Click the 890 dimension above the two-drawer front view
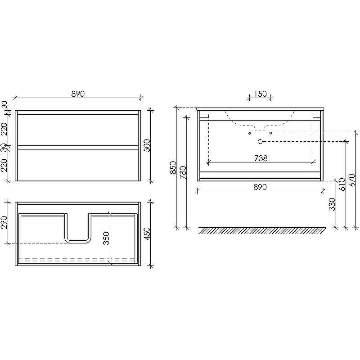coord(78,94)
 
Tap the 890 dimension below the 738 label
coord(260,187)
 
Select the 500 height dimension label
coord(147,145)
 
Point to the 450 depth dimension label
coord(147,234)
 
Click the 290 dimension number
coord(4,222)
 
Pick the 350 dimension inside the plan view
coord(106,238)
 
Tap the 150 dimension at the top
coord(260,94)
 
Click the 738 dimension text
coord(261,158)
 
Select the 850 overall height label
coord(173,167)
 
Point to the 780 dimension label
coord(183,172)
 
